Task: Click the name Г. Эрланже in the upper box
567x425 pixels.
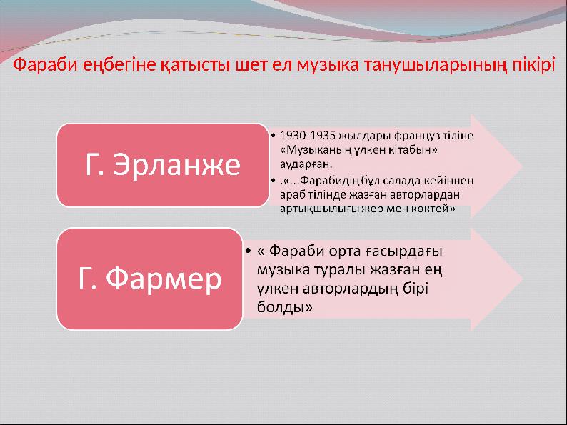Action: tap(163, 165)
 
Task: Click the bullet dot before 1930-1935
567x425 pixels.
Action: tap(275, 134)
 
